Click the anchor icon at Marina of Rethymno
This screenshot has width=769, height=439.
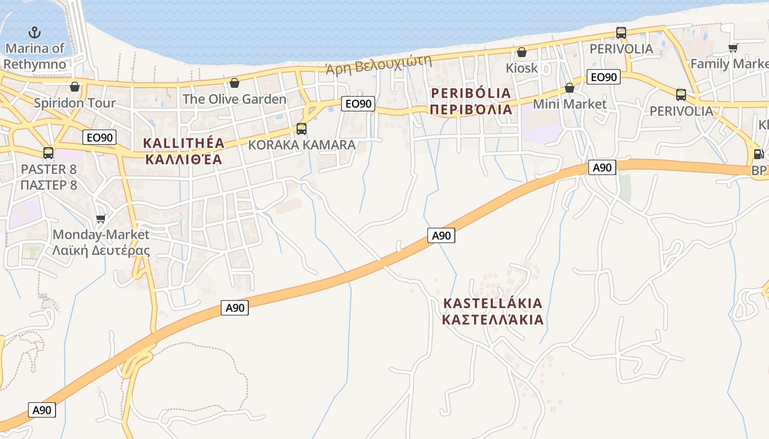pos(35,32)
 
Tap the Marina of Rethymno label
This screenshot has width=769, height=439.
pos(35,56)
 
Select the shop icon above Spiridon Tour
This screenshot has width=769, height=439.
pos(75,87)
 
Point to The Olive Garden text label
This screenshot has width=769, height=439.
pos(235,99)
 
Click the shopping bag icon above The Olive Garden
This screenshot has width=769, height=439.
pos(235,83)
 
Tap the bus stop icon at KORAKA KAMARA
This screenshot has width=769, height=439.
pos(302,129)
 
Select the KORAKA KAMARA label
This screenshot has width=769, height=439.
pos(302,145)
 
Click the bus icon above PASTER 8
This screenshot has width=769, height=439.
pos(48,153)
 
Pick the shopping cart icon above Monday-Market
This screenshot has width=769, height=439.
pos(101,219)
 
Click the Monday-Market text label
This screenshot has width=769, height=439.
pos(101,235)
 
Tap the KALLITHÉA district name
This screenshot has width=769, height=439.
pos(183,143)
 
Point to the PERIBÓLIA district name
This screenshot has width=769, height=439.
pos(471,93)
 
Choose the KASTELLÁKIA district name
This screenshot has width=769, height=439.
pos(493,303)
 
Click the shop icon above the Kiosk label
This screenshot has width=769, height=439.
pos(521,52)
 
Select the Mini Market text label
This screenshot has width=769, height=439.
pos(570,104)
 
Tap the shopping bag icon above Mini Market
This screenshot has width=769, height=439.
pos(570,88)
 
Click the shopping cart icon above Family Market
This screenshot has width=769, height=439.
pos(733,48)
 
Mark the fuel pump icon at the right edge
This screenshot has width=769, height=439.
pos(759,154)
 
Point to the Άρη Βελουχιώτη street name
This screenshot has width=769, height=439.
pos(378,64)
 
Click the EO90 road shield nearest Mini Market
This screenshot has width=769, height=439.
pos(603,77)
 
